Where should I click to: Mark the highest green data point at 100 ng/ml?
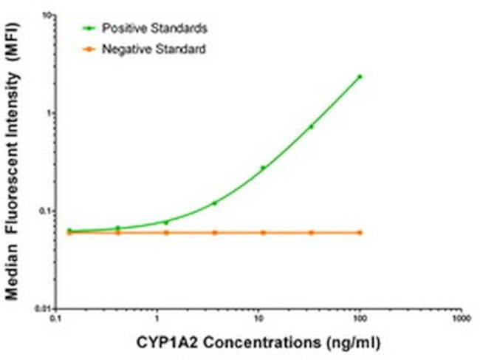[360, 76]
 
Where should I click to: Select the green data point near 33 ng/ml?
[312, 126]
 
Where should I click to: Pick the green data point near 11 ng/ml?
[263, 168]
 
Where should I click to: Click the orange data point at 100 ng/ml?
[360, 232]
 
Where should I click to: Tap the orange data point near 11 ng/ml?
[263, 232]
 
